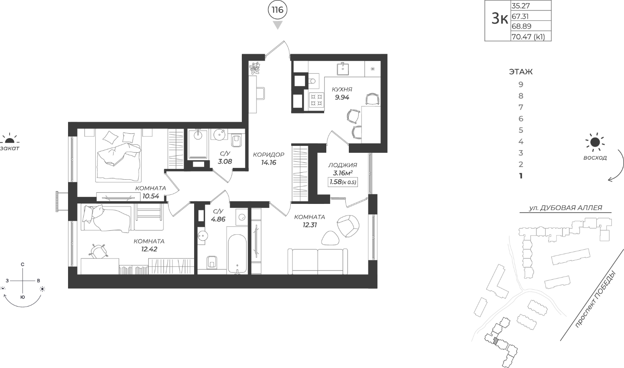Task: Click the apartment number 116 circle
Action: click(277, 10)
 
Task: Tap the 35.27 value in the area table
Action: click(520, 6)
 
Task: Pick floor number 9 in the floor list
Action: click(521, 84)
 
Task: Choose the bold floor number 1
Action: click(521, 176)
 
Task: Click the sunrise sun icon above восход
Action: click(595, 142)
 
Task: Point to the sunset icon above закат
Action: click(9, 139)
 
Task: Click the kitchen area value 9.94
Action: click(342, 97)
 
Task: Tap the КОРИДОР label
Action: click(269, 155)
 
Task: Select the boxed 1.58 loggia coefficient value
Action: click(343, 182)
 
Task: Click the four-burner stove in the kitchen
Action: click(317, 100)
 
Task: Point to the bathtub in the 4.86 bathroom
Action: click(237, 254)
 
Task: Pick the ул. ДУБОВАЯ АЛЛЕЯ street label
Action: click(565, 208)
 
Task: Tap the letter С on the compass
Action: click(23, 265)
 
